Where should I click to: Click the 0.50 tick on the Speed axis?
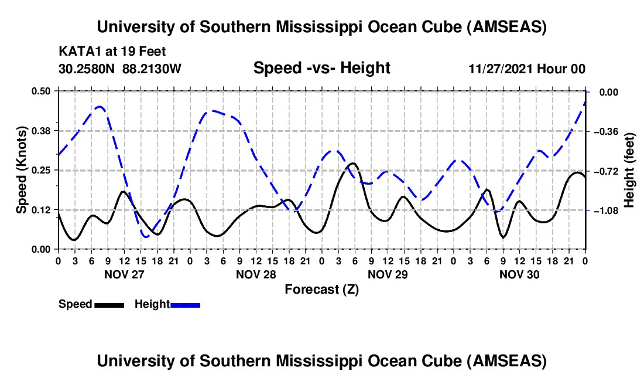[42, 91]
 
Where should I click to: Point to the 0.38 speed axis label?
[42, 130]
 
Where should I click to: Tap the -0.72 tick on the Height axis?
[607, 171]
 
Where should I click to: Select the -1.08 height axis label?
[607, 210]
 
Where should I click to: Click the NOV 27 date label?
[124, 274]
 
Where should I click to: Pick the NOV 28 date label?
[256, 274]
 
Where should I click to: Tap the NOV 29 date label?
[388, 274]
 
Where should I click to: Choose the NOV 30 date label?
[519, 274]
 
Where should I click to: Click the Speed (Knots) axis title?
[21, 170]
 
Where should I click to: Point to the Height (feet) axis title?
[630, 170]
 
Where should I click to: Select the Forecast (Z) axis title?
[321, 289]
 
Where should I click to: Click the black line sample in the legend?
[109, 305]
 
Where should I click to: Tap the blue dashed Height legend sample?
[186, 305]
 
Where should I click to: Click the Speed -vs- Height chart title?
[321, 69]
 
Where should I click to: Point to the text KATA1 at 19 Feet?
[117, 52]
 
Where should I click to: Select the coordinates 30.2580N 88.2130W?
[121, 69]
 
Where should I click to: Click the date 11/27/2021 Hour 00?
[527, 69]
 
